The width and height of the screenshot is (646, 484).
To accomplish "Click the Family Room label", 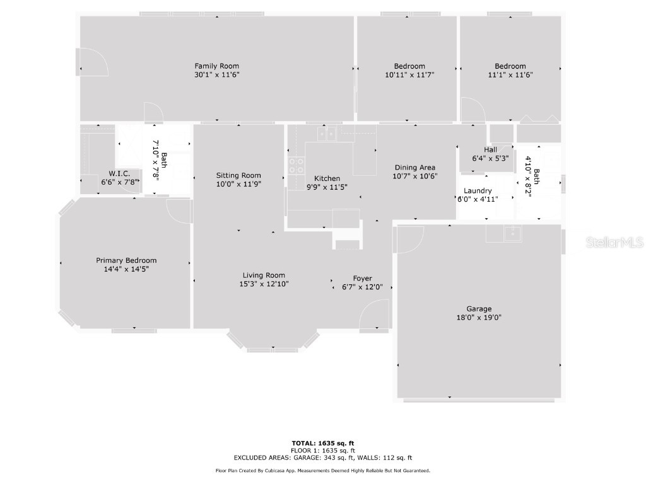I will pyautogui.click(x=216, y=66).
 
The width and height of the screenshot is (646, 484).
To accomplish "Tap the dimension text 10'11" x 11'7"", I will pyautogui.click(x=409, y=74).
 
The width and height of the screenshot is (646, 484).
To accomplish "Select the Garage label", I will pyautogui.click(x=479, y=309).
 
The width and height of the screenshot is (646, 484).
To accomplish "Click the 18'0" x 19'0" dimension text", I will pyautogui.click(x=479, y=318).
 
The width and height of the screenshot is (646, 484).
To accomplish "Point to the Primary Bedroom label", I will pyautogui.click(x=126, y=260).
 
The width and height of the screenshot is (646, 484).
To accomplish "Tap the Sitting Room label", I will pyautogui.click(x=238, y=176).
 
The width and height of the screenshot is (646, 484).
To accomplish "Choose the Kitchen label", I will pyautogui.click(x=327, y=178).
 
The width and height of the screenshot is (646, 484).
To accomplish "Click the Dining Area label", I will pyautogui.click(x=414, y=167).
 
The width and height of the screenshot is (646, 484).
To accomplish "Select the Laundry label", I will pyautogui.click(x=478, y=191).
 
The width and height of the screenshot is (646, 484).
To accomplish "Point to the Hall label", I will pyautogui.click(x=490, y=149).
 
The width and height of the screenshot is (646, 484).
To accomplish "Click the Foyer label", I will pyautogui.click(x=362, y=279).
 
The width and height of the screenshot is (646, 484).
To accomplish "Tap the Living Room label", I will pyautogui.click(x=264, y=275).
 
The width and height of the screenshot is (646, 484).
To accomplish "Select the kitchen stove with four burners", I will pyautogui.click(x=295, y=165).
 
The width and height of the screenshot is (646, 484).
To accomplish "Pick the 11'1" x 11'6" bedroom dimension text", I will pyautogui.click(x=510, y=74).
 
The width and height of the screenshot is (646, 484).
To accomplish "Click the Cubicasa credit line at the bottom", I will pyautogui.click(x=323, y=471).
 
